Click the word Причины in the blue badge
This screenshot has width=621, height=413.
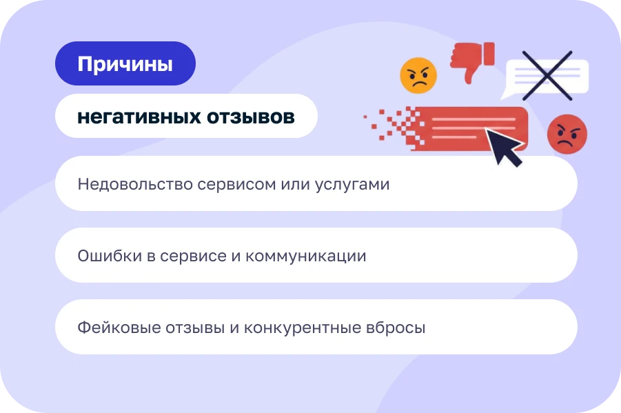tap(125, 64)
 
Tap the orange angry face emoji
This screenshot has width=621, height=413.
tap(418, 75)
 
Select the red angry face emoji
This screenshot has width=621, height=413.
tap(567, 134)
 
